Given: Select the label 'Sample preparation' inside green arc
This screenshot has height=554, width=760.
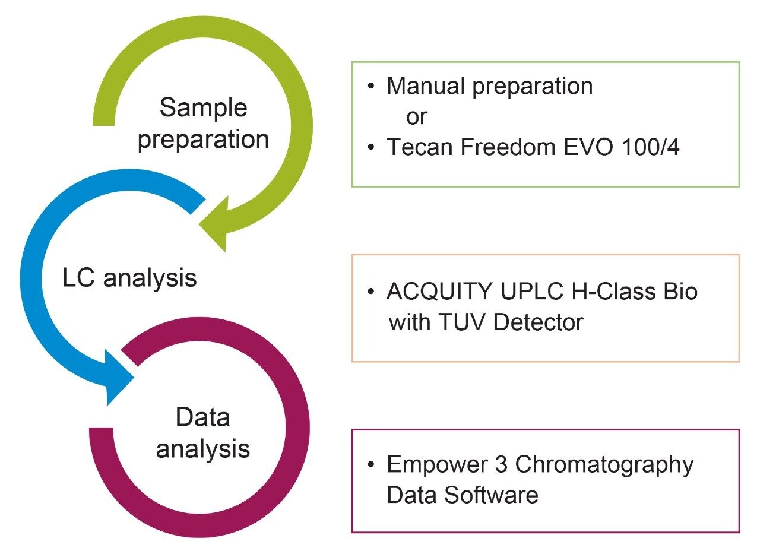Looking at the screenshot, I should [203, 124].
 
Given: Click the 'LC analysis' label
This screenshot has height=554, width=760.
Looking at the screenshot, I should [129, 277].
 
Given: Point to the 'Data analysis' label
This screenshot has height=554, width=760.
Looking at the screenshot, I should [202, 433].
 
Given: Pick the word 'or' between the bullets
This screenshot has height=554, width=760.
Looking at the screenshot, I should [416, 117].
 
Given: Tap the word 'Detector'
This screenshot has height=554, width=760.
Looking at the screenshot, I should [538, 322].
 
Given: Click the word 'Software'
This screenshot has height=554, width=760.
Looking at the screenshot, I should [492, 495].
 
